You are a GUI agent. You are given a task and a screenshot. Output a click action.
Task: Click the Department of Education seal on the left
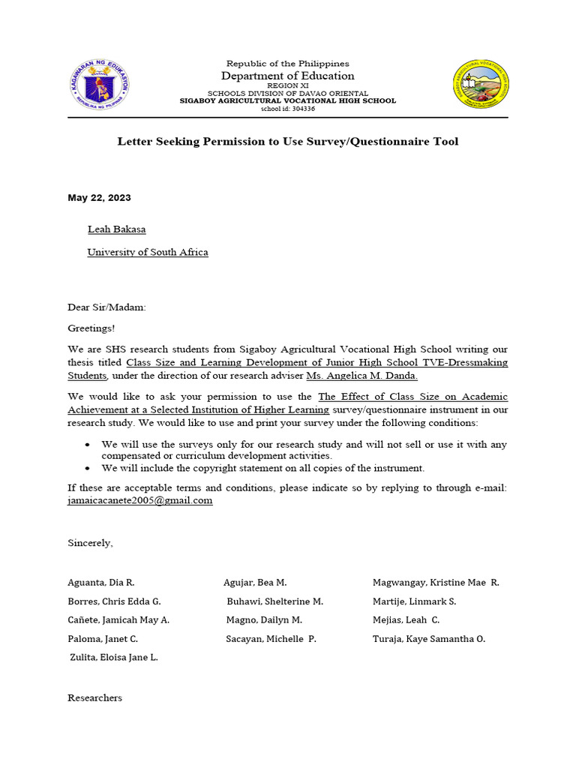(100, 84)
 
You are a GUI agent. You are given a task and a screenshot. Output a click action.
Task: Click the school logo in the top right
(481, 84)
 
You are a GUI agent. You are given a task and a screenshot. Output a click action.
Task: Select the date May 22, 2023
(99, 198)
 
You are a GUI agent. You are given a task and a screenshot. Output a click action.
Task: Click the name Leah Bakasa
(112, 229)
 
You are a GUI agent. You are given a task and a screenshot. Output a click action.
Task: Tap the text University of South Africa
(148, 252)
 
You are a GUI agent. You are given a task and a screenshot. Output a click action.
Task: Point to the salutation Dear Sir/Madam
(107, 307)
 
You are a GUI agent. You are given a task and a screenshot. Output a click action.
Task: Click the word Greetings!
(91, 328)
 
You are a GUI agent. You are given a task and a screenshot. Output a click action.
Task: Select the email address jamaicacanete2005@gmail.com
(140, 501)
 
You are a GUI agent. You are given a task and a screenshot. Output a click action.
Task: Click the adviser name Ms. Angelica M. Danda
(362, 375)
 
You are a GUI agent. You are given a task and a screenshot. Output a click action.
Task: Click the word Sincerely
(90, 542)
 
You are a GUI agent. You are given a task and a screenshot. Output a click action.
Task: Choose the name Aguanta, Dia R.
(101, 583)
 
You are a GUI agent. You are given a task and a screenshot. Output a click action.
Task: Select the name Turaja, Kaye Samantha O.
(429, 639)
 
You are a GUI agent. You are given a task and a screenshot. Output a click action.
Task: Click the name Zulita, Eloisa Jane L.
(114, 658)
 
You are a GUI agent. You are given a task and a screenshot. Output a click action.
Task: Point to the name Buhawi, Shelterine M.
(274, 601)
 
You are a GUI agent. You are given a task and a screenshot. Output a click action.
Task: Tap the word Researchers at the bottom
(94, 697)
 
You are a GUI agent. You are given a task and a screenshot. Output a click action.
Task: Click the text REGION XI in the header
(288, 86)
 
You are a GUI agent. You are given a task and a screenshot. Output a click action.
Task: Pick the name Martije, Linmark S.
(414, 601)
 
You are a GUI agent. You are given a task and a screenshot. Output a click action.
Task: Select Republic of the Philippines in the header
(288, 64)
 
